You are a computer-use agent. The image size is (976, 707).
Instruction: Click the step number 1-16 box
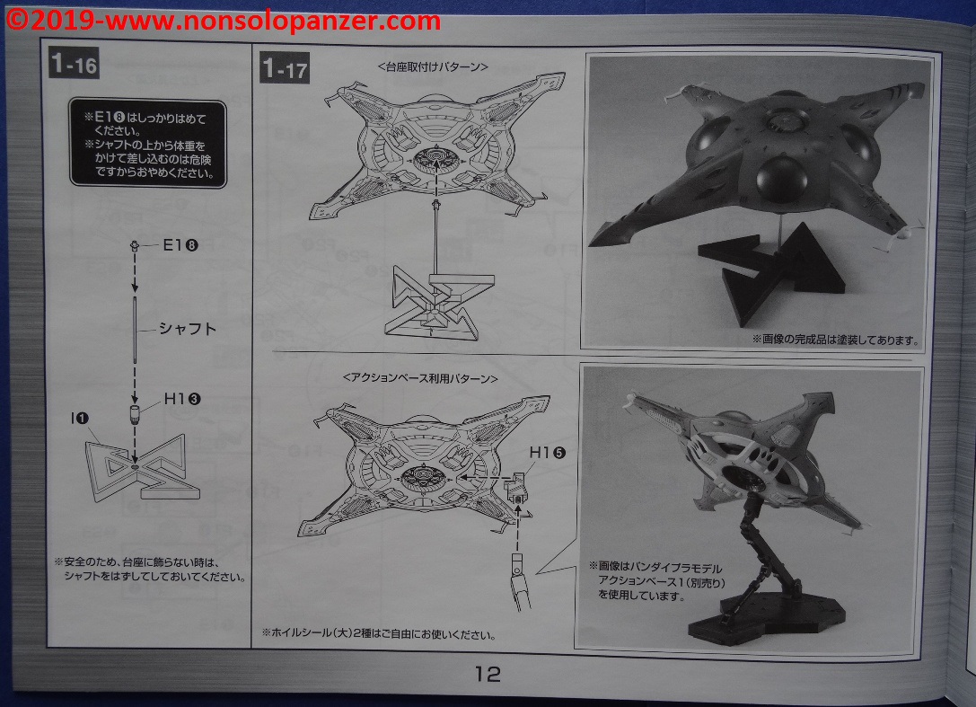coord(74,64)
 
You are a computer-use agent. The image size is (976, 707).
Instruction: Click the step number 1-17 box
coord(285,68)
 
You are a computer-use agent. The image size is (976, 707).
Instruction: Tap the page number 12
coord(488,674)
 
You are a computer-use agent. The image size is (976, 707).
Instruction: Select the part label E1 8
coord(180,245)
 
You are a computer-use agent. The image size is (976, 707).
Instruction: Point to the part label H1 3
coord(182,399)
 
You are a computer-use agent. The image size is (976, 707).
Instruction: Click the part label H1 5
coord(547,453)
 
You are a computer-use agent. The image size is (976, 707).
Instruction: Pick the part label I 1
coord(80,419)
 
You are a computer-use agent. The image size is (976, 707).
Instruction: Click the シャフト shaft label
coord(188,329)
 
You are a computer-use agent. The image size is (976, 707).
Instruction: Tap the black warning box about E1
coord(147,143)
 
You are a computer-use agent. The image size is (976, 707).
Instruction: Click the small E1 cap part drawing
coord(135,245)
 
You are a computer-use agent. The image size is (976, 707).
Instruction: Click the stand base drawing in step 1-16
coord(143,468)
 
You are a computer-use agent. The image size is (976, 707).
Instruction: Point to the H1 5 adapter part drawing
coord(515,489)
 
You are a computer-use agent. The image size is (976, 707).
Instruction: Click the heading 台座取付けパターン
coord(433,67)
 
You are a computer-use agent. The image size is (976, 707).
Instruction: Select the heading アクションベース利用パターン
coord(420,378)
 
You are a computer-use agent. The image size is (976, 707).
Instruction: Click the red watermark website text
coord(222,22)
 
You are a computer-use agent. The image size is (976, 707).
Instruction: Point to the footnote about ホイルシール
coord(379,634)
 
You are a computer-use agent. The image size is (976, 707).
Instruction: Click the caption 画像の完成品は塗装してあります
coord(835,340)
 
